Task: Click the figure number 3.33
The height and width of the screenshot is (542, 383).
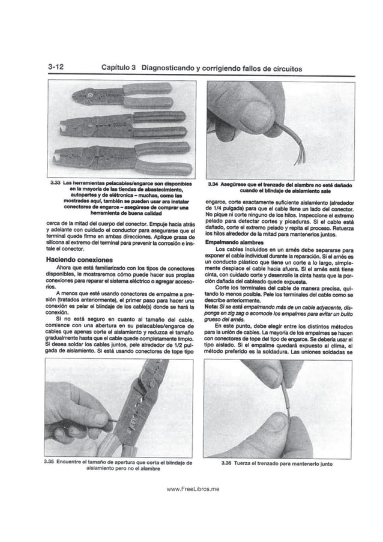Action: click(58, 182)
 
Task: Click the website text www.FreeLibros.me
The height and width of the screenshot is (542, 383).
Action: click(193, 490)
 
